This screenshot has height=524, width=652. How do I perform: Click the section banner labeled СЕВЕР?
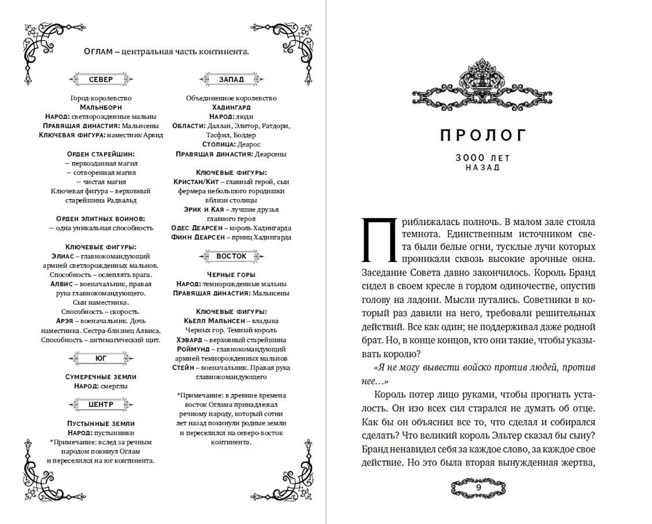[101, 79]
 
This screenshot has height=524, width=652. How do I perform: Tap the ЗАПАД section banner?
[231, 79]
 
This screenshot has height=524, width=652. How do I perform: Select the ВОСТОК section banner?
[231, 256]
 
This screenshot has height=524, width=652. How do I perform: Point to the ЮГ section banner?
[101, 359]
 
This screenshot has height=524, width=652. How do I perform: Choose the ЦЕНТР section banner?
[101, 404]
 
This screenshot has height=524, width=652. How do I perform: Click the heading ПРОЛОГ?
[483, 135]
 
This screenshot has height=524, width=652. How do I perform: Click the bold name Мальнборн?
[101, 107]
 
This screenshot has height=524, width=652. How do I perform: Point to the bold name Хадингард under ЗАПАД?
[231, 107]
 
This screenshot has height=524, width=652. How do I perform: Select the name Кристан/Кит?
[196, 181]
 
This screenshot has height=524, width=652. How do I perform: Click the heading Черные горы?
[231, 275]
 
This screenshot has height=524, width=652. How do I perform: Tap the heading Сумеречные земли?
[101, 377]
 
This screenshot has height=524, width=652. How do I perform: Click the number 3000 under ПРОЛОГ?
[470, 158]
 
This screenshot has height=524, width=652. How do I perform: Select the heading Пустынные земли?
[101, 424]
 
